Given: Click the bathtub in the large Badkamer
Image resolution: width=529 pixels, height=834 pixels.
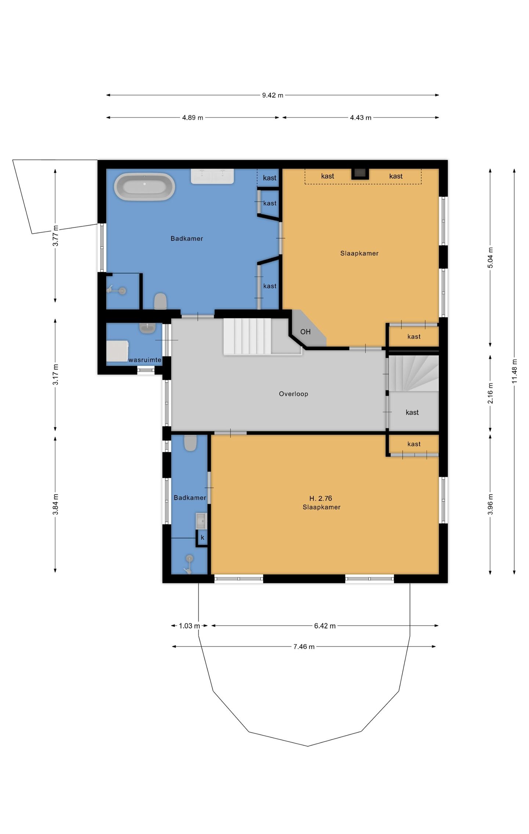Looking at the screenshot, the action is click(144, 187).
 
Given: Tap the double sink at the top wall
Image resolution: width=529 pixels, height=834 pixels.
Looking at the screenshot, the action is click(212, 176).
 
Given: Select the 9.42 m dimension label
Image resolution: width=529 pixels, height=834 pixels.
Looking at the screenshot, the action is click(273, 95).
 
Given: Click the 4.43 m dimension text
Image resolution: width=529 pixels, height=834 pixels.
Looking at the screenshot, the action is click(360, 118).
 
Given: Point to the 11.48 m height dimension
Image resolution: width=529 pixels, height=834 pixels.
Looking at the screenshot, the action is click(514, 371).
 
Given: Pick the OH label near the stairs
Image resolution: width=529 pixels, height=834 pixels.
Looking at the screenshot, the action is click(305, 332).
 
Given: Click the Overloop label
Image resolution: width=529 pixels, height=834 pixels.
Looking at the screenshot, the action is click(294, 394).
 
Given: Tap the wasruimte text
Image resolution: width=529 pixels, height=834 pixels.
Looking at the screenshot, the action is click(145, 360).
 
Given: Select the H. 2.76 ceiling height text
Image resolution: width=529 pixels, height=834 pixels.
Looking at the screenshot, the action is click(321, 498).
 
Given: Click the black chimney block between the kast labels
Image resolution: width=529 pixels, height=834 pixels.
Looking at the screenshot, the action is click(360, 174).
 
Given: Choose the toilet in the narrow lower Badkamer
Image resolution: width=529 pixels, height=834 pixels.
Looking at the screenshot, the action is click(190, 443).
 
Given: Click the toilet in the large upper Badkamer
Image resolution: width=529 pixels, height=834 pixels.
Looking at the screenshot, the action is click(160, 301).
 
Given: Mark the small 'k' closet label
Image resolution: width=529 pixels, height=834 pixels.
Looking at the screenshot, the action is click(202, 538).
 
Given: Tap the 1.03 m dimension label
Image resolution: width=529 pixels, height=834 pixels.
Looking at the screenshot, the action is click(190, 626).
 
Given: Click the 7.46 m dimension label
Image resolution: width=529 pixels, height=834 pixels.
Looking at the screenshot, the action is click(304, 647).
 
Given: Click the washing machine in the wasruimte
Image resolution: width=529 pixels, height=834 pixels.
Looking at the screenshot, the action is click(117, 351).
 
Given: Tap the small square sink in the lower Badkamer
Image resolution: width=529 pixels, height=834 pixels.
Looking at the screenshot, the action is click(201, 521).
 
